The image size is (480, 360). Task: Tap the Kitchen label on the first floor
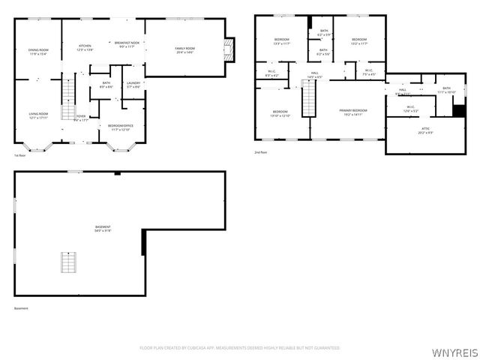85,47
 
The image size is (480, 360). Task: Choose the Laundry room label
133,84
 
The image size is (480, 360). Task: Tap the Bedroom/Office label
120,127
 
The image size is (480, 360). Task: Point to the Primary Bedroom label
354,112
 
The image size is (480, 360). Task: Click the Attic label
425,130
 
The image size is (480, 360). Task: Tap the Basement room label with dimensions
103,228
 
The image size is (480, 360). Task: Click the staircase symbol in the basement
69,264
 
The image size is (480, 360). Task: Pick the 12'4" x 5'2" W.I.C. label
411,109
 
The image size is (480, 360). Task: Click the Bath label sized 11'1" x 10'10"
446,90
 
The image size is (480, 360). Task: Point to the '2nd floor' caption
262,152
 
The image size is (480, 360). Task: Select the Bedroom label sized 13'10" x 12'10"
281,114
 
